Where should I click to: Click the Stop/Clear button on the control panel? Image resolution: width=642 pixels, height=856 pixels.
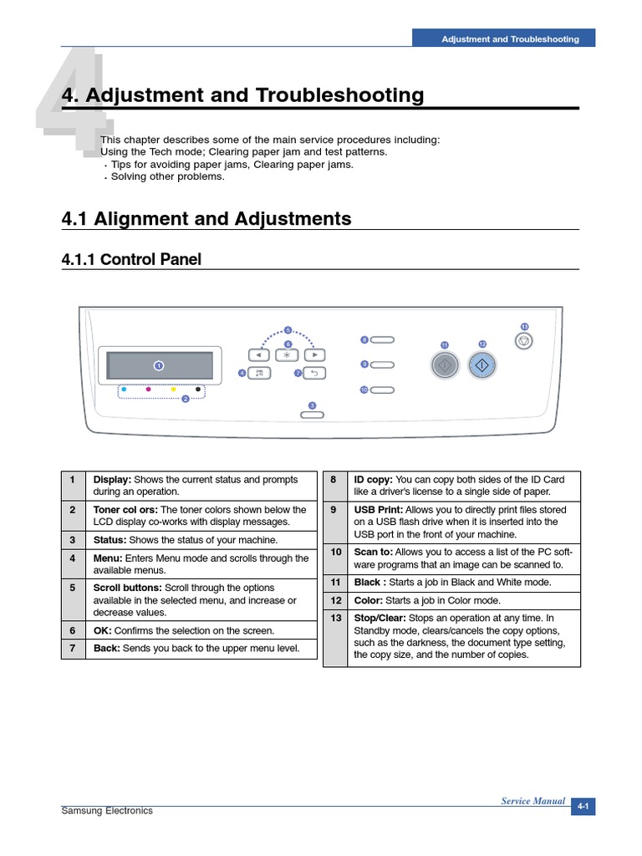coord(523,340)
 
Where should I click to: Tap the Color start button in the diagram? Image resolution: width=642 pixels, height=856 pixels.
coord(482,365)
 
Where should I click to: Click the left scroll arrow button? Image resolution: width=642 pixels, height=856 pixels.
coord(259,354)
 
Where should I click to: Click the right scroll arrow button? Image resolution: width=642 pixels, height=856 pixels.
coord(314,354)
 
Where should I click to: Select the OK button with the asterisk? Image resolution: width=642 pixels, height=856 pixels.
coord(287,354)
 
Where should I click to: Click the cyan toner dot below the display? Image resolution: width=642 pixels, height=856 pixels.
coord(124,389)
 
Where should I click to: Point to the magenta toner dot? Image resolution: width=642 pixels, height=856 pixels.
coord(148,389)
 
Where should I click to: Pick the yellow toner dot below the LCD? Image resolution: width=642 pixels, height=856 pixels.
coord(173,389)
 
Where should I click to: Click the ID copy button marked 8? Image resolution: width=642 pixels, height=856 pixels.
coord(382,340)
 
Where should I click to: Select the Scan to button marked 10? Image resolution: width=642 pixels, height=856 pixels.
coord(382,390)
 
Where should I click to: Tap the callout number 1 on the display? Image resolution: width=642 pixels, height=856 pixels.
coord(158,365)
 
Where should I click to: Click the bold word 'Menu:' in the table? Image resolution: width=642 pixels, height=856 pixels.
coord(108,558)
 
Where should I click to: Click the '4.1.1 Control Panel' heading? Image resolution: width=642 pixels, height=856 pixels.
coord(131,260)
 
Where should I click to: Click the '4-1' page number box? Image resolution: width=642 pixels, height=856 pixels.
coord(583,807)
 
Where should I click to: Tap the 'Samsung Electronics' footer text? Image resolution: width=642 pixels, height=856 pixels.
coord(107,811)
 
